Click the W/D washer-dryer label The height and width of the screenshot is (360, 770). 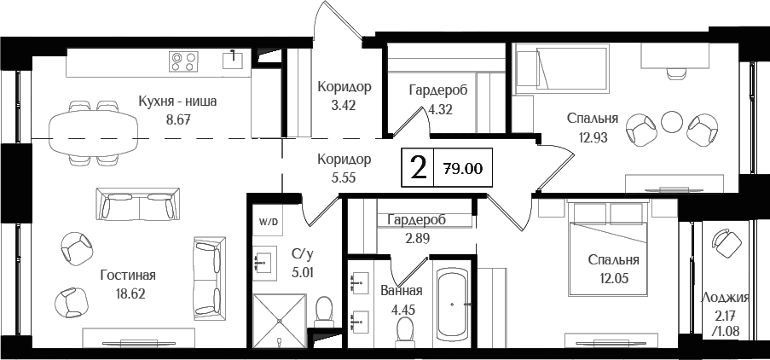(x=268, y=221)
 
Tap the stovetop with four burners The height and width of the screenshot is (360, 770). (x=183, y=61)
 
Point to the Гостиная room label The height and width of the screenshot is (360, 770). (x=127, y=275)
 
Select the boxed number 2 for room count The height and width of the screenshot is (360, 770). (x=418, y=168)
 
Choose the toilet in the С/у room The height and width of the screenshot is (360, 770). (x=323, y=311)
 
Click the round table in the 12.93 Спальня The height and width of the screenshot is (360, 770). (x=672, y=122)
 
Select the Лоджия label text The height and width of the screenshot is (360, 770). (x=724, y=298)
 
